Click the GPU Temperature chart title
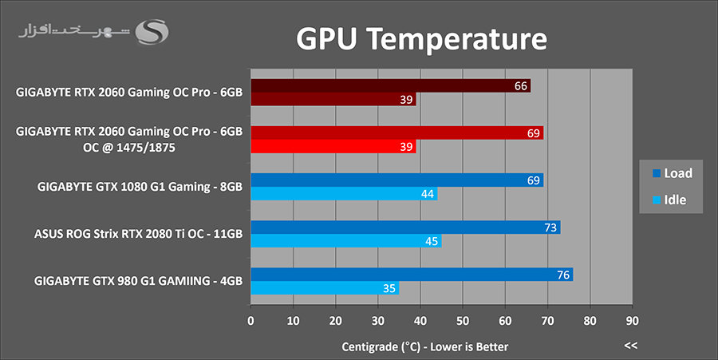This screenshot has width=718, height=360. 422,39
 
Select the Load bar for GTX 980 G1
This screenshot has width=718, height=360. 411,275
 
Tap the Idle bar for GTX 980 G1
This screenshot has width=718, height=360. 324,288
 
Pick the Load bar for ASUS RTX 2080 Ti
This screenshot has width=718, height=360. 404,227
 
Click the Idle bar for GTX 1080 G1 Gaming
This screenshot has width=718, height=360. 343,194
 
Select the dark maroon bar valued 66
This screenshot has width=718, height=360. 390,86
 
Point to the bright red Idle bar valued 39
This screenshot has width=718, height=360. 333,147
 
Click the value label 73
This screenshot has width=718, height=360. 550,227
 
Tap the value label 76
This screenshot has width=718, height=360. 563,275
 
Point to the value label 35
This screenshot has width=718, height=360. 389,288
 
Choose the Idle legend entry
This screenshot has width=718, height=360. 670,200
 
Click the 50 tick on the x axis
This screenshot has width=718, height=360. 463,322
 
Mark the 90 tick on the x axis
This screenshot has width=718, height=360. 632,322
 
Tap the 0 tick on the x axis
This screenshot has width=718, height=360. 251,322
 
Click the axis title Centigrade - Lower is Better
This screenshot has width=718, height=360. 425,346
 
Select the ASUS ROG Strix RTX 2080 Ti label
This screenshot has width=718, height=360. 138,234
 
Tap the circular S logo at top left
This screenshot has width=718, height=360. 151,33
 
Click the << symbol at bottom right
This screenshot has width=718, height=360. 631,346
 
